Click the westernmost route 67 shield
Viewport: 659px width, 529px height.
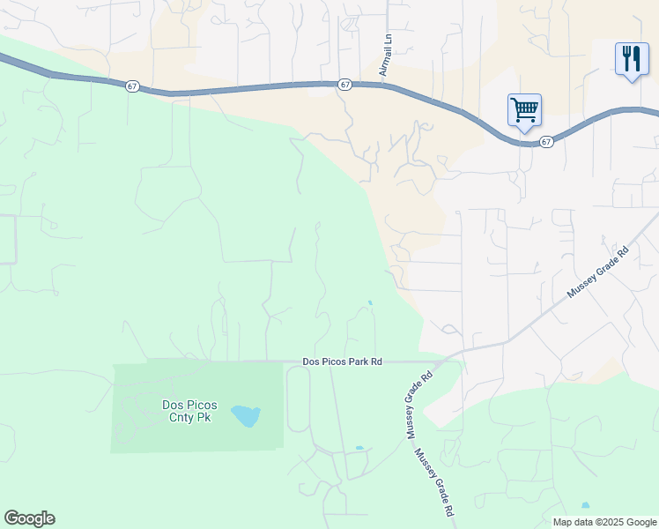[132, 86]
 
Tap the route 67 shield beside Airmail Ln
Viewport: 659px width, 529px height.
[344, 85]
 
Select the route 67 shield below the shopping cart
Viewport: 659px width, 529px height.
[547, 141]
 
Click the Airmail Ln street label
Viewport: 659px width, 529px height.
[385, 56]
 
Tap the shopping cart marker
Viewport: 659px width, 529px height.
[524, 110]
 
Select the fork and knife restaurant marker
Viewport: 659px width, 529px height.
[631, 59]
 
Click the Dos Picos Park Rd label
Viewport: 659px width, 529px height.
[342, 361]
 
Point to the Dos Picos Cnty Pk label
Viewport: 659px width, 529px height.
[190, 412]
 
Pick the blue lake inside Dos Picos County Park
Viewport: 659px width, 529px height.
[245, 415]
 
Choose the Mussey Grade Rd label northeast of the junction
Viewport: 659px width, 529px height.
[598, 271]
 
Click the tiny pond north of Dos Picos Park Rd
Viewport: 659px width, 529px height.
[370, 303]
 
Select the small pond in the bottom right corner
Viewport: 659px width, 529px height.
[585, 505]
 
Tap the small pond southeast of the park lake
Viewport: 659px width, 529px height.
[359, 448]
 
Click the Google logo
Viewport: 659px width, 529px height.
[29, 518]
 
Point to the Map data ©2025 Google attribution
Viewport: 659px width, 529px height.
[603, 522]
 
